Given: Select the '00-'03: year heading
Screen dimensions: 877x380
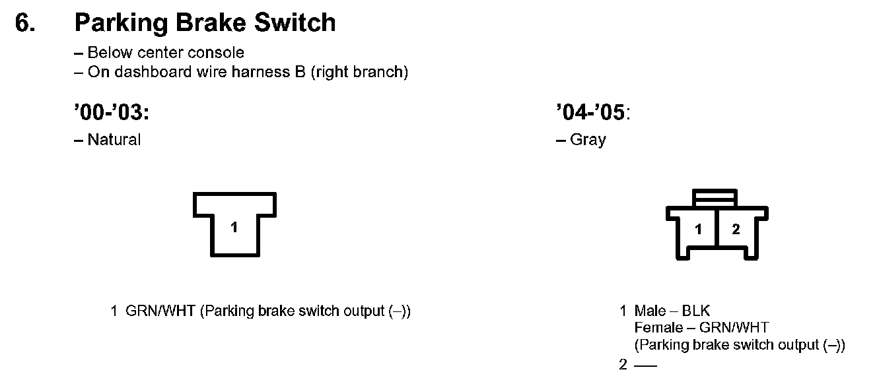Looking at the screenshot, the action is [112, 113].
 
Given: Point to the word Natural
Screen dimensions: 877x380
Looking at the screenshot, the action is [114, 140].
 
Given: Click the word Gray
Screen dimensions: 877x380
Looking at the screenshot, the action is [588, 140].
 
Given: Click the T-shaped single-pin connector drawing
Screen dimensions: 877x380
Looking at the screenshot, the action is [234, 224].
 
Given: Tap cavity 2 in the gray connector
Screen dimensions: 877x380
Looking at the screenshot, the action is [736, 230].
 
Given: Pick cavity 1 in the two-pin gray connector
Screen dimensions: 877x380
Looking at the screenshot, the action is [699, 230].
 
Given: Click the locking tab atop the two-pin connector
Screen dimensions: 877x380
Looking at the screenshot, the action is [715, 197].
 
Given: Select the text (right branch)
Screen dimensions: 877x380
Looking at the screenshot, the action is [361, 72].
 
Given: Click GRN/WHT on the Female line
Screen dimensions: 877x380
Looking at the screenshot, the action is [734, 328].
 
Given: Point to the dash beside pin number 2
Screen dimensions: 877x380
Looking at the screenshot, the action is [645, 365].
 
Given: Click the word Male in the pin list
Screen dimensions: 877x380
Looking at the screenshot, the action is [650, 311].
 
